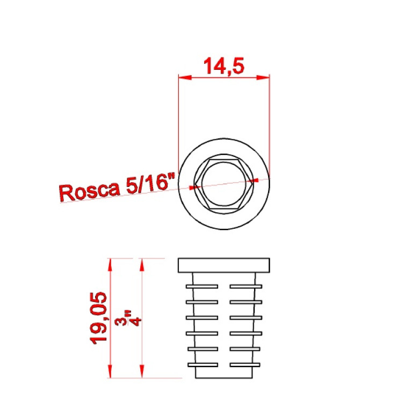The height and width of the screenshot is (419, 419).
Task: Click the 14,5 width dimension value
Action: (x=224, y=66)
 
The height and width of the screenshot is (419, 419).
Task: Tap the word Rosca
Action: (x=90, y=191)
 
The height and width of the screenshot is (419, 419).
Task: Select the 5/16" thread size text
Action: (x=150, y=183)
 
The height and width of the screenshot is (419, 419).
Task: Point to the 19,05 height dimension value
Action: (x=99, y=318)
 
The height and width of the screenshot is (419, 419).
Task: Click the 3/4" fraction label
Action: (x=128, y=318)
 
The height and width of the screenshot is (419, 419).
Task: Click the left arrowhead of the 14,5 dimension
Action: (x=185, y=77)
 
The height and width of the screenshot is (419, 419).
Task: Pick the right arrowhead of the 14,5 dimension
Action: (x=263, y=77)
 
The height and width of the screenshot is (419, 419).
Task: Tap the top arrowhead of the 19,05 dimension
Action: (x=110, y=265)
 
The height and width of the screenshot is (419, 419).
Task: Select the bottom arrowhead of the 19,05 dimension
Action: (x=110, y=371)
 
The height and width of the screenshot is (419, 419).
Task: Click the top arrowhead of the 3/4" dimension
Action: (x=142, y=265)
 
